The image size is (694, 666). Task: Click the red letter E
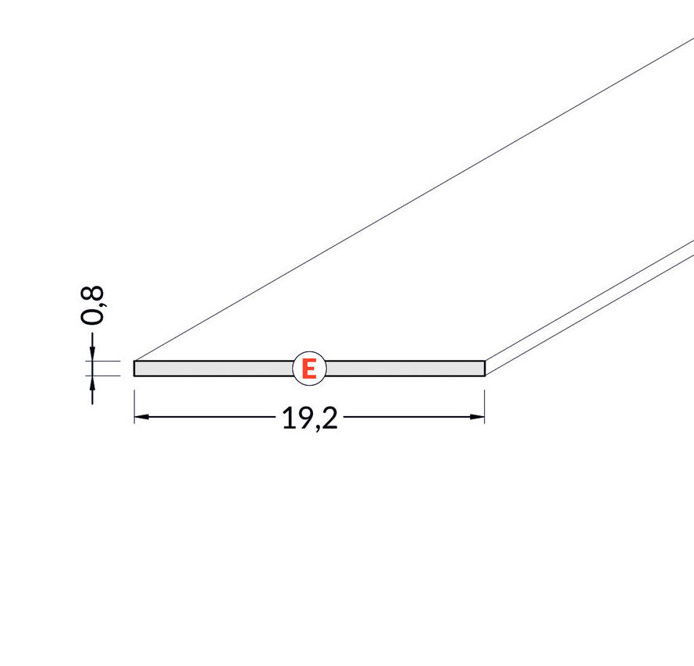pos(309,369)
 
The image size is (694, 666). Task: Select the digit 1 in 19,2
pos(288,418)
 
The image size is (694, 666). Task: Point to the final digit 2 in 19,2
pos(330,418)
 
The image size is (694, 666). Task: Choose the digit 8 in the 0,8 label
pos(92,294)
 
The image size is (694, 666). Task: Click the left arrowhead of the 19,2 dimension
pos(141,416)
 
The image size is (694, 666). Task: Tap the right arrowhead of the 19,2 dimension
pos(478,416)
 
